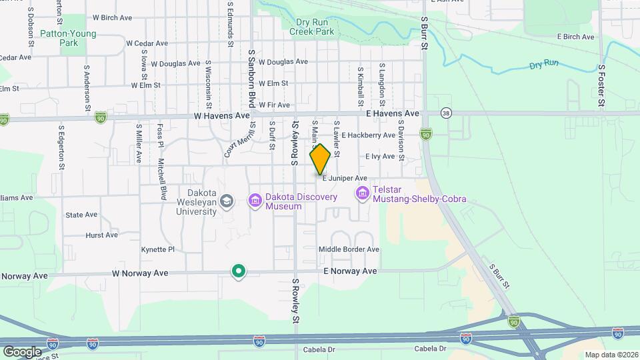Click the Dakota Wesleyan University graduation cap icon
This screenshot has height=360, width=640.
coord(227,201)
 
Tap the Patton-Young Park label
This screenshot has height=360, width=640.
coord(68,38)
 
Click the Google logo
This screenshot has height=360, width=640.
coord(21,351)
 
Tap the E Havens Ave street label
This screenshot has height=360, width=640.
coord(393,114)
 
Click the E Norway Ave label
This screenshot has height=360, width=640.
coord(350,271)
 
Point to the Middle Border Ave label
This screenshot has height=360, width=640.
coord(349,249)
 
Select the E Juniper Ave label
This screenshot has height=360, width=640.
coord(345,178)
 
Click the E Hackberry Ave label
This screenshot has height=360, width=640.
coord(368,135)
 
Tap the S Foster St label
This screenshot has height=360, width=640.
coord(601,85)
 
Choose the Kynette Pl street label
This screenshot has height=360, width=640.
coord(157,249)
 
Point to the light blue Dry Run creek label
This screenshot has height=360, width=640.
coord(544,65)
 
